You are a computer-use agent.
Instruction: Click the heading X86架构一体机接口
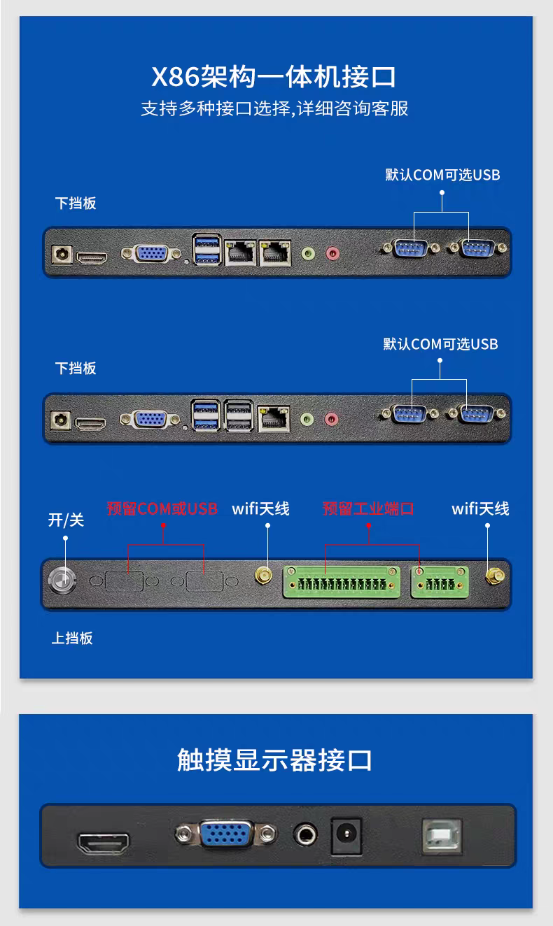274,77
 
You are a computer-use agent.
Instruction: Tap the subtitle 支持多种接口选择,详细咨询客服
274,108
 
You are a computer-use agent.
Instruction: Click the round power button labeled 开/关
62,580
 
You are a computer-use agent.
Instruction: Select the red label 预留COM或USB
162,508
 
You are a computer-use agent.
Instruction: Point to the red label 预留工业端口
368,508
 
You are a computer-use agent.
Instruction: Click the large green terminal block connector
342,582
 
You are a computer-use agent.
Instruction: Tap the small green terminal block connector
440,582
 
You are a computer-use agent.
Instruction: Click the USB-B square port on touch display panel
442,836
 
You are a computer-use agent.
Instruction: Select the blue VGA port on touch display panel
226,834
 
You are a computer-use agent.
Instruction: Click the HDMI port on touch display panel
104,843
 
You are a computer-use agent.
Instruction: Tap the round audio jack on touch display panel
305,835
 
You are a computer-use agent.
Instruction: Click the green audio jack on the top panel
308,253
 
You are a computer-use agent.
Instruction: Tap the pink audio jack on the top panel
332,253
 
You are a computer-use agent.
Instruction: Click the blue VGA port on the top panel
151,253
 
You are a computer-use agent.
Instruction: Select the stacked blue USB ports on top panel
206,250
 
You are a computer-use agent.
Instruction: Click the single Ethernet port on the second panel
274,418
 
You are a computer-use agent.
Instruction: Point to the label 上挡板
72,639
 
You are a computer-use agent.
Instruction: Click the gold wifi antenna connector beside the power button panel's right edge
494,576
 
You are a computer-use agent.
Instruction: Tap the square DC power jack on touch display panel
346,836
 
